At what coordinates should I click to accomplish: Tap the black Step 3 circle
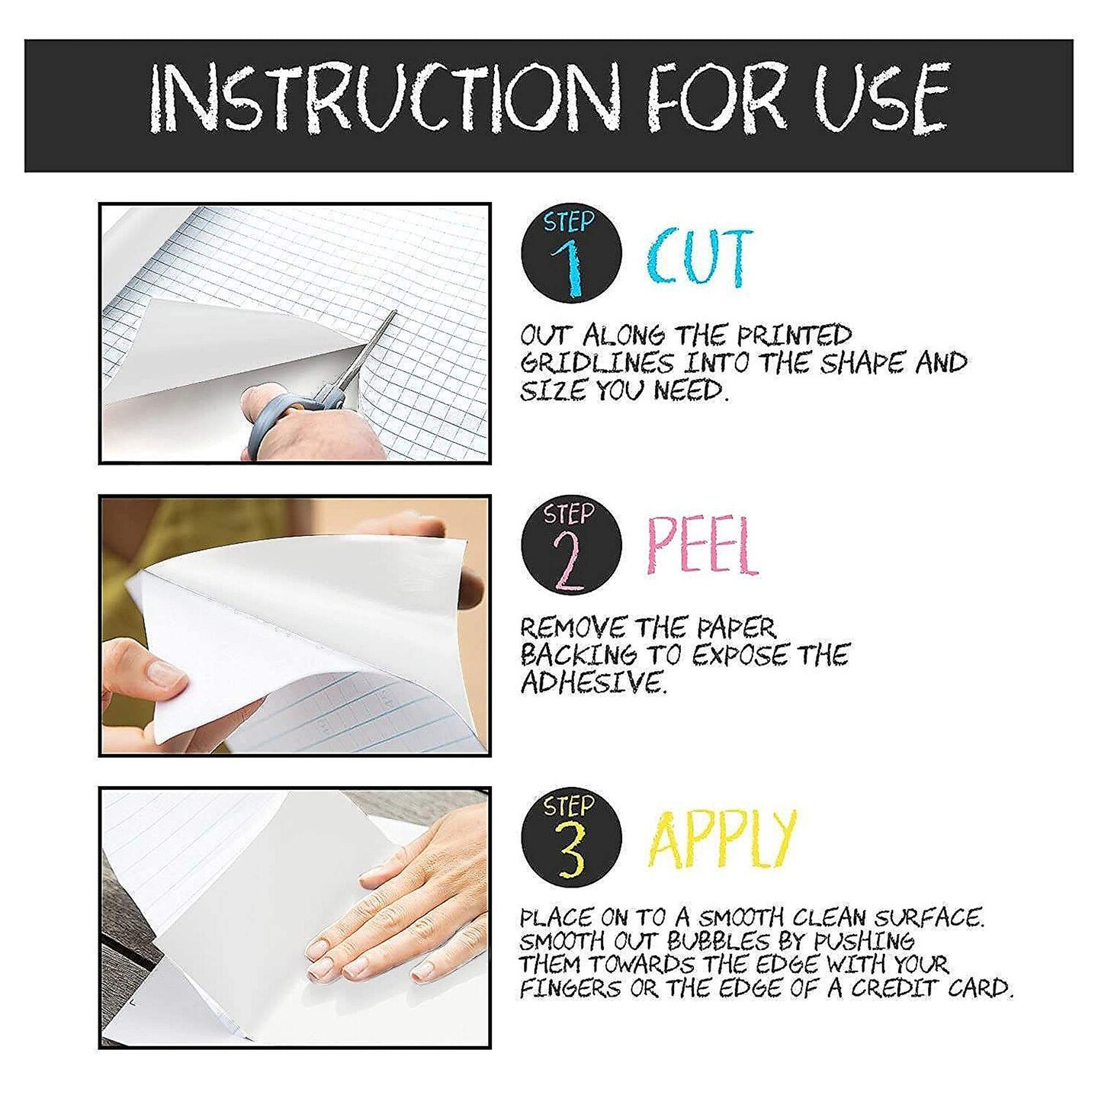click(x=572, y=837)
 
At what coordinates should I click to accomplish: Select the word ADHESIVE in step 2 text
click(x=593, y=682)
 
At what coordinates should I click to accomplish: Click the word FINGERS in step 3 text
click(x=570, y=989)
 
